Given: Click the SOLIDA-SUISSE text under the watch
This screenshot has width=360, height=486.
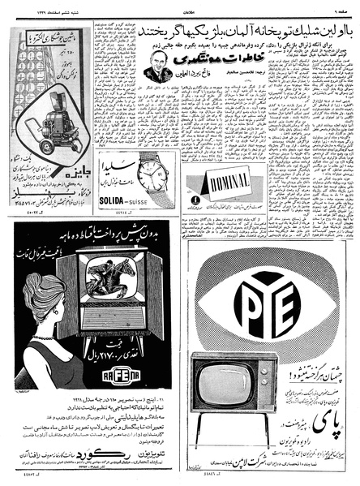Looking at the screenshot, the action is point(122,200).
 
